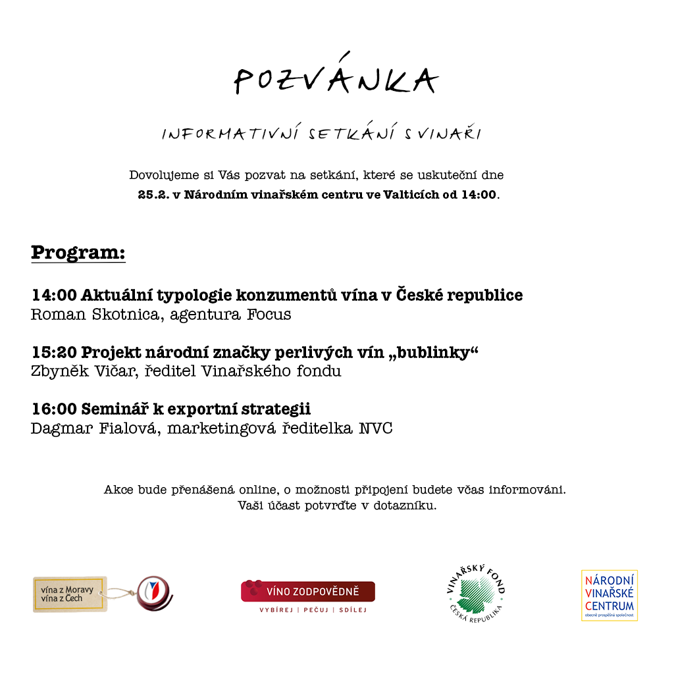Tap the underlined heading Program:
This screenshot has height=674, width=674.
coord(78,253)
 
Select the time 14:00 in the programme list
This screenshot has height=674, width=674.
coord(54,296)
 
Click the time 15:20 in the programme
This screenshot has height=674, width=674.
coord(54,353)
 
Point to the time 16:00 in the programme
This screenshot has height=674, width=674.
coord(54,409)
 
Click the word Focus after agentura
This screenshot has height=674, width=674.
coord(269,315)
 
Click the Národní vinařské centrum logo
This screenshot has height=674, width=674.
coord(609,596)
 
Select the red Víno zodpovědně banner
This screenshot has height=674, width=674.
coord(308,591)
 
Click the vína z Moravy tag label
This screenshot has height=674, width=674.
coord(69,594)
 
